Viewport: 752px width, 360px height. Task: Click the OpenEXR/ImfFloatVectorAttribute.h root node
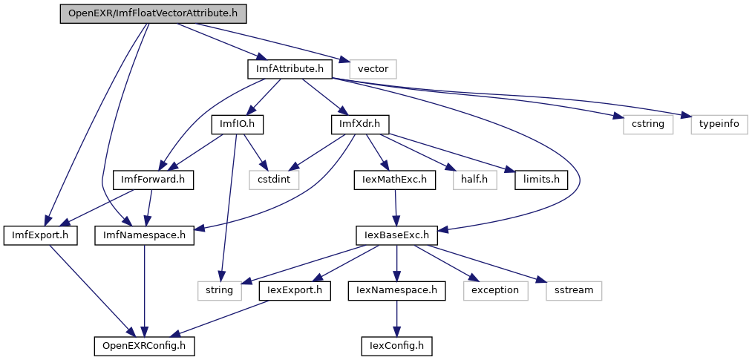tap(153, 14)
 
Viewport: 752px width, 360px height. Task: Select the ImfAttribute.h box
tap(289, 69)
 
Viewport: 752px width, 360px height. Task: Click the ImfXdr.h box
tap(360, 124)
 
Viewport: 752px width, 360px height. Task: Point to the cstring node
tap(648, 124)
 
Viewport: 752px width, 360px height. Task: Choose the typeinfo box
tap(719, 124)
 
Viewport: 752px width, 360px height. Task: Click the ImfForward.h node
tap(153, 179)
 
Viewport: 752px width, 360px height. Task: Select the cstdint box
tap(273, 179)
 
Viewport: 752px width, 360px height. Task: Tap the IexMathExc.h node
tap(393, 179)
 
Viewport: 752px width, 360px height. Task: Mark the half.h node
tap(474, 179)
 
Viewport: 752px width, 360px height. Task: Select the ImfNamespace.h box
tap(144, 235)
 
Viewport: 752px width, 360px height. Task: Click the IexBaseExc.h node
tap(396, 235)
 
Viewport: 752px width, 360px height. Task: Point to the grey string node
tap(220, 290)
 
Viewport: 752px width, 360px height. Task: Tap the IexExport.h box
tap(295, 290)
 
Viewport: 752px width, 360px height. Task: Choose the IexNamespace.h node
tap(396, 290)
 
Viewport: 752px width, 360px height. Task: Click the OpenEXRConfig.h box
tap(144, 345)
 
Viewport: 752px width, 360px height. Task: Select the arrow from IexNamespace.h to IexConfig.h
tap(396, 318)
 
